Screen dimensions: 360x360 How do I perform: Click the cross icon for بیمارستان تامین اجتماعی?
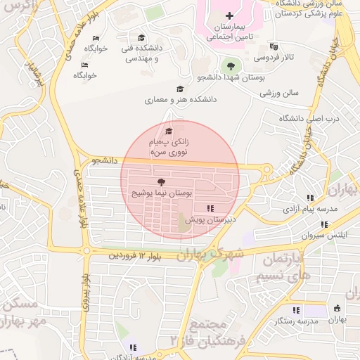(x=229, y=15)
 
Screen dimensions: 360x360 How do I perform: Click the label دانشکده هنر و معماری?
(x=181, y=100)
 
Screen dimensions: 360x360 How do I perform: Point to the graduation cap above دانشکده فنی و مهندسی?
(x=141, y=38)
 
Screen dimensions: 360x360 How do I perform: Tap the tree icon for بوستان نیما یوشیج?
(x=162, y=182)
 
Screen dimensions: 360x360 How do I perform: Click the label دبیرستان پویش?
(x=210, y=219)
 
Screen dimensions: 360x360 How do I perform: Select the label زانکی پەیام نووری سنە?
(x=168, y=146)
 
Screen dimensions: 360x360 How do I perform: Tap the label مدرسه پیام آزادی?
(x=311, y=209)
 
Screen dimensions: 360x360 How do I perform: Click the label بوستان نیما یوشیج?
(x=162, y=192)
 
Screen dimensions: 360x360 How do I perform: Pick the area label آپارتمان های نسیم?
(x=285, y=268)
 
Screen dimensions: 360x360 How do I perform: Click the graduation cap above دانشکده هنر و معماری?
(x=181, y=89)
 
